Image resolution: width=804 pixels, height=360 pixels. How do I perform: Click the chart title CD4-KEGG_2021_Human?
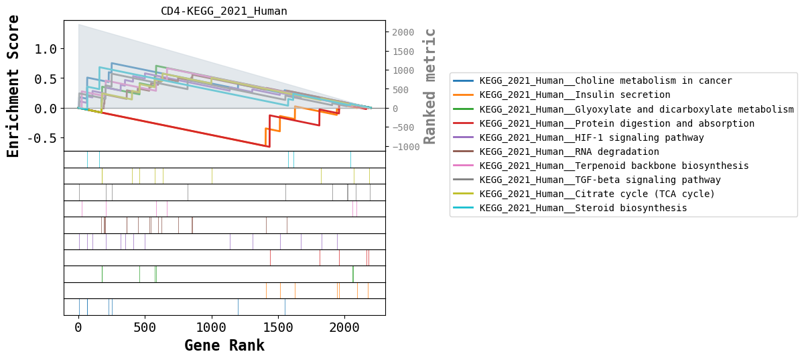point(224,11)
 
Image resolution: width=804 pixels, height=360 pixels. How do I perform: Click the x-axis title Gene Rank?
point(224,346)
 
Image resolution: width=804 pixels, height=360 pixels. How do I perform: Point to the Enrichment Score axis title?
point(13,86)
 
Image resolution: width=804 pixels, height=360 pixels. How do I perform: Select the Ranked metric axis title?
point(430,86)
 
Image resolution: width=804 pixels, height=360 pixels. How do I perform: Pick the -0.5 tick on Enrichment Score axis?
point(43,138)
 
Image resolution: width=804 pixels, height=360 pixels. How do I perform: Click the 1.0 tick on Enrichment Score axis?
point(46,48)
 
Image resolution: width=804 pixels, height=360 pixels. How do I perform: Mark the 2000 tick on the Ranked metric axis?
point(405,32)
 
